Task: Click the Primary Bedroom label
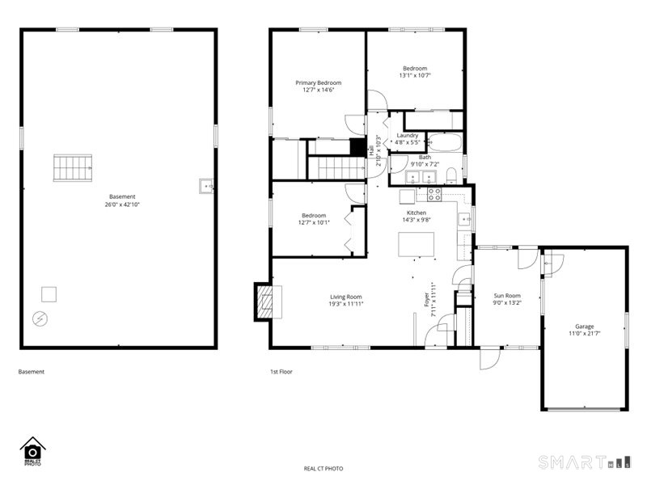(x=318, y=82)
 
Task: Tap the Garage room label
(x=584, y=326)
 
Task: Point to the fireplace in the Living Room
(x=264, y=302)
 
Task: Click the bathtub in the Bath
(x=444, y=143)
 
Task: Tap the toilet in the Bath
(x=451, y=176)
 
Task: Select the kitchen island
(x=416, y=244)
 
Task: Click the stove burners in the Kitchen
(x=433, y=195)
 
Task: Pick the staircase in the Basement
(x=72, y=168)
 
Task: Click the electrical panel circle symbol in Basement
(x=39, y=318)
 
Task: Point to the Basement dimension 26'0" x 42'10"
(x=122, y=205)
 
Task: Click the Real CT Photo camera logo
(x=32, y=450)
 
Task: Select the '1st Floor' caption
(x=281, y=372)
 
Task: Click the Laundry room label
(x=407, y=135)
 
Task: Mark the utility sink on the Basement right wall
(x=205, y=187)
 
